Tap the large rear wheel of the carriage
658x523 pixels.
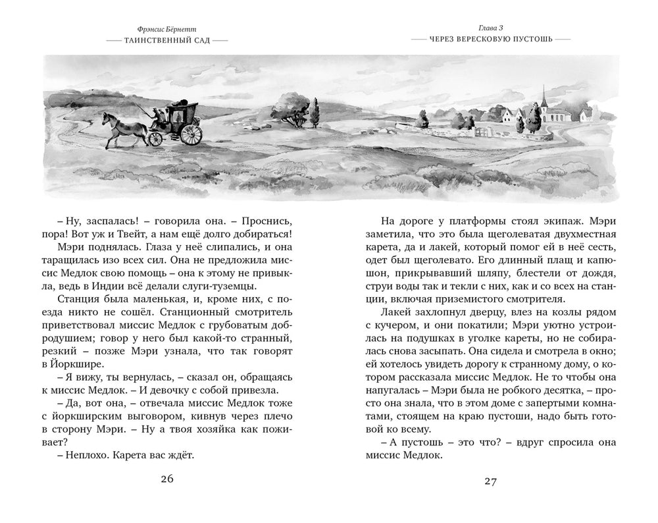coord(191,134)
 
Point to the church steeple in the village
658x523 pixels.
coord(544,99)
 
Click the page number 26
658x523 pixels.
coord(166,479)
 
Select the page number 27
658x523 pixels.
coord(490,481)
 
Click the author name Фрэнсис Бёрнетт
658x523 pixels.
coord(166,29)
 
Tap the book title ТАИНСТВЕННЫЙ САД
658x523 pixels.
coord(166,40)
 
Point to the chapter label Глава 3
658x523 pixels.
coord(490,28)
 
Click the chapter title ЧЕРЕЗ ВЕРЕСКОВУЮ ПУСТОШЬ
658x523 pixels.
coord(490,40)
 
